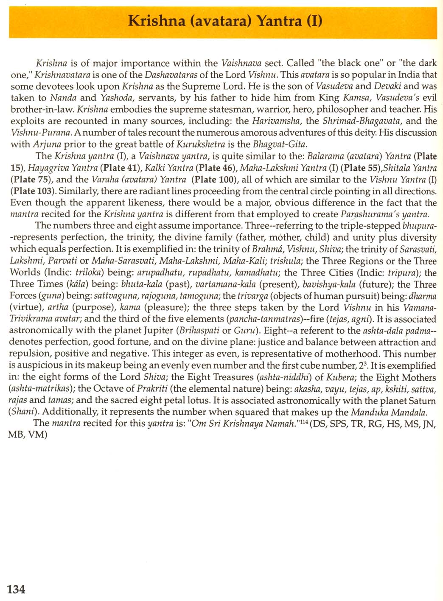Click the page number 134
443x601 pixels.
[x=16, y=589]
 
